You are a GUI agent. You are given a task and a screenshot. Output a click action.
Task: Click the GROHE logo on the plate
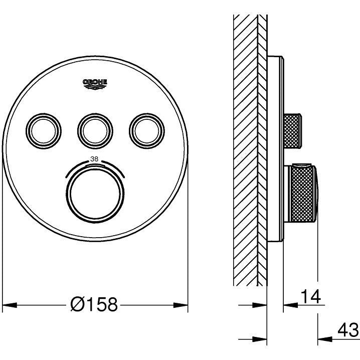[x=95, y=84]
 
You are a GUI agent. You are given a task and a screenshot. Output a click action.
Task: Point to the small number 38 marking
[x=94, y=159]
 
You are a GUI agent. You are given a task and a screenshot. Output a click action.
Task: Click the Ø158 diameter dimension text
[x=94, y=304]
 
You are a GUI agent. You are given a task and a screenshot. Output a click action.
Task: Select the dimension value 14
[x=310, y=297]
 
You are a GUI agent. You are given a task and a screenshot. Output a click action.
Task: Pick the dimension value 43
[x=347, y=330]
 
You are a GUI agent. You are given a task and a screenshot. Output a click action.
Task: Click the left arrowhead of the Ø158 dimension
[x=10, y=305]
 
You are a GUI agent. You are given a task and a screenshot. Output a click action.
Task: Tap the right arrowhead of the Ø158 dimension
[x=181, y=305]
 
